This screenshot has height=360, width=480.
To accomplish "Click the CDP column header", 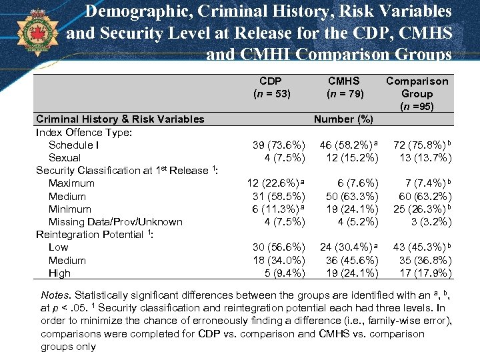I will (272, 87).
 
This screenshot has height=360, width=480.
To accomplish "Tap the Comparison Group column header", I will (417, 93).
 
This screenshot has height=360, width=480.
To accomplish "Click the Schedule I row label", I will (74, 145).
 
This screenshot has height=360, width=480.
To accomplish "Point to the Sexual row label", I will (65, 158).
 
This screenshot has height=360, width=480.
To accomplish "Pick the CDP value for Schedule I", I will (279, 145).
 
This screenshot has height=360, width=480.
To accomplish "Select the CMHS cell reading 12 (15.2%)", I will (351, 158).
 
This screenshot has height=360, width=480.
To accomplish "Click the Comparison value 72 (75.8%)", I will (423, 145).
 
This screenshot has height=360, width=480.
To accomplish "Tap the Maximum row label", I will (71, 183).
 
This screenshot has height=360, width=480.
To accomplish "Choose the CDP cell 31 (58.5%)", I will (279, 196).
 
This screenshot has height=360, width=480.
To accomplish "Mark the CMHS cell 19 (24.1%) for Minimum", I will (351, 209).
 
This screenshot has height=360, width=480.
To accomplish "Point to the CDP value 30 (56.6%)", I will (279, 247).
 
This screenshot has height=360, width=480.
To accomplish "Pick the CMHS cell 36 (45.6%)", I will (351, 260).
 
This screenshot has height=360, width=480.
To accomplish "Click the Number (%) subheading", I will (343, 119).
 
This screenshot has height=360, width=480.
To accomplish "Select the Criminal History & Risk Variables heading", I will (120, 119).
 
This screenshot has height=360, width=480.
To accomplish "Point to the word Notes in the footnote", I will (56, 295).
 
